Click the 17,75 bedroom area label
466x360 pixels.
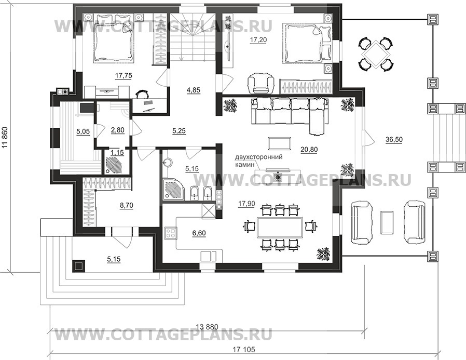pos(124,76)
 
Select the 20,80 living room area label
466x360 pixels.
pos(309,150)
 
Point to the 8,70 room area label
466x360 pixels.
pos(126,205)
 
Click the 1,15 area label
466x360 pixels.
pos(117,152)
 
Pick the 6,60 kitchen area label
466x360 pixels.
pos(199,233)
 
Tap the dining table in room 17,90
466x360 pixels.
pos(280,227)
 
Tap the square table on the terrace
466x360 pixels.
pos(375,54)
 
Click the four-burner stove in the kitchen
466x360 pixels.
pos(171,233)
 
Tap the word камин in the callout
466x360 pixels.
pos(245,164)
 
